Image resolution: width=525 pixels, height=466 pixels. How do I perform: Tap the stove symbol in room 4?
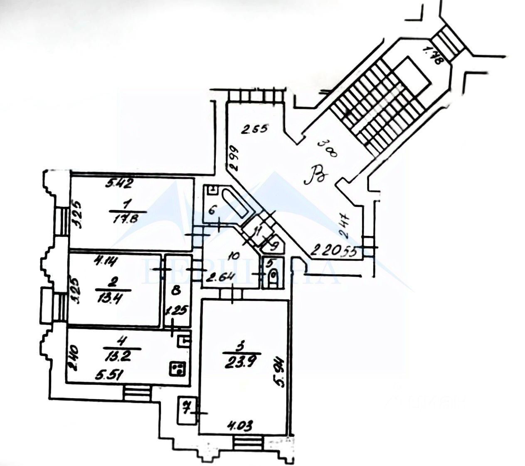click(177, 368)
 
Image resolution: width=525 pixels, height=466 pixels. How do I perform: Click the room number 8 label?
click(176, 291)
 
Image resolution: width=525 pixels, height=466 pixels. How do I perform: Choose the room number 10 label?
click(234, 256)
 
